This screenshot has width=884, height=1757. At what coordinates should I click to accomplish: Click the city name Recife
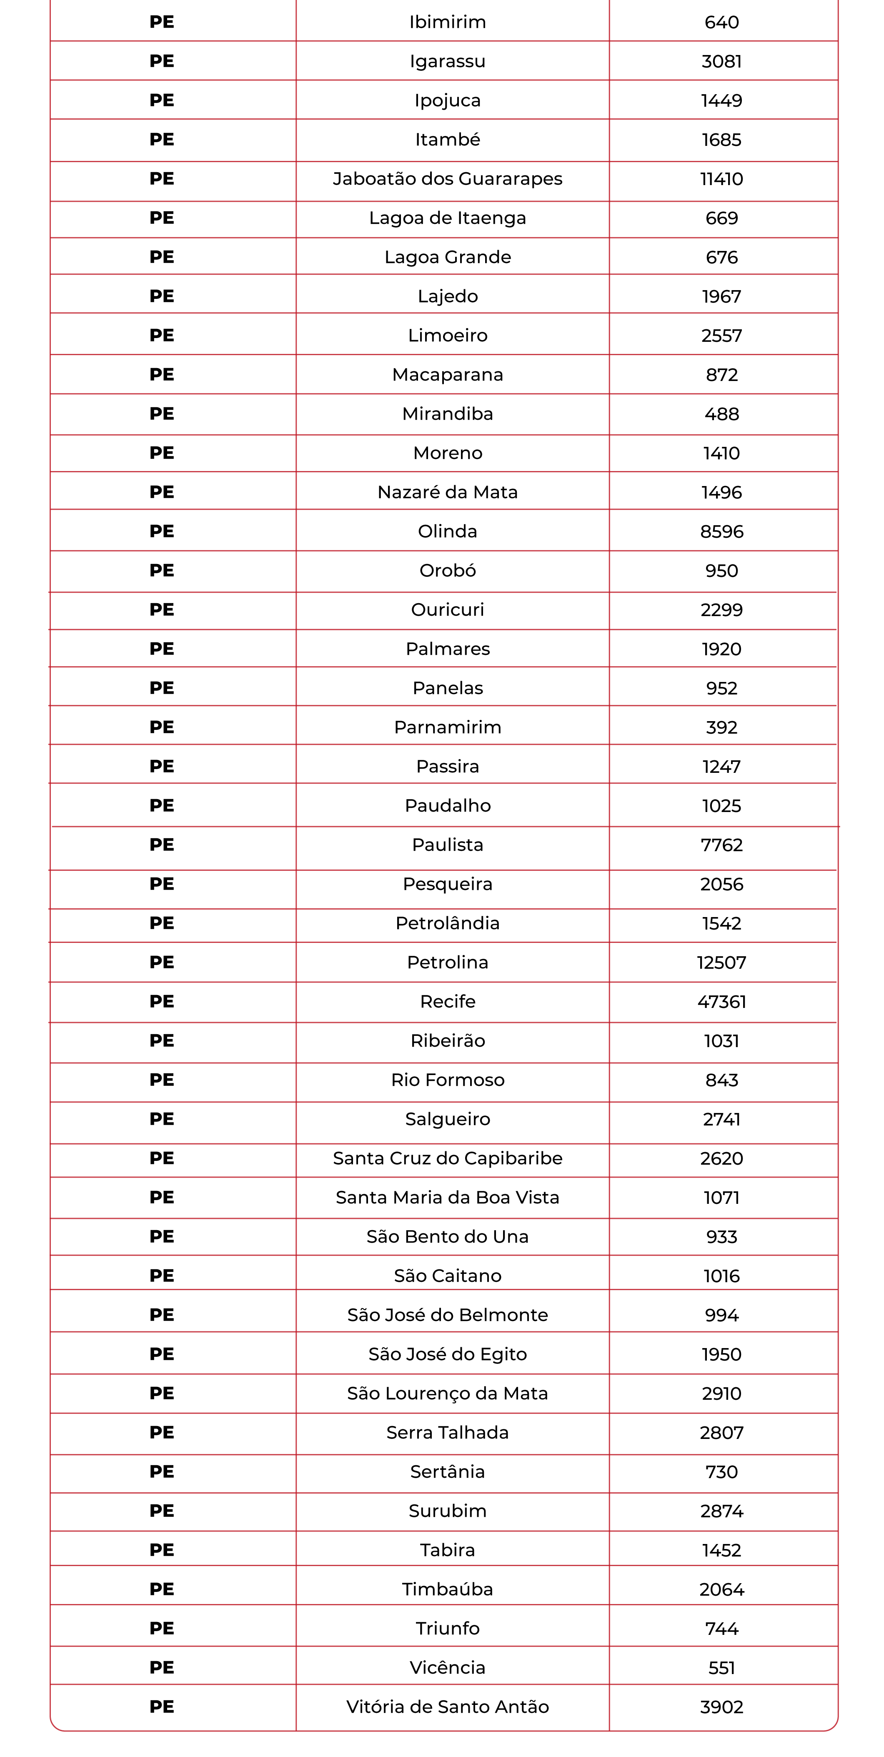448,1001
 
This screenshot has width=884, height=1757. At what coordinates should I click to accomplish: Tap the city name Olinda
448,531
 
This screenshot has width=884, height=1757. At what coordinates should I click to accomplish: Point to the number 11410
721,179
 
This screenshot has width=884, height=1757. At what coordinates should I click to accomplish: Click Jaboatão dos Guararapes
448,179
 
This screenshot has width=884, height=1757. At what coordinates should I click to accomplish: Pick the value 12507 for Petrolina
721,962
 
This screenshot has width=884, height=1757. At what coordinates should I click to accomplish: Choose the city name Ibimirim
448,22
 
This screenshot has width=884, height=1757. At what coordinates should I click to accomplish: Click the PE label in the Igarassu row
162,61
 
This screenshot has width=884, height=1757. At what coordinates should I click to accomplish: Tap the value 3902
721,1707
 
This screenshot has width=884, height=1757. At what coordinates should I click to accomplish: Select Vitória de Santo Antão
448,1707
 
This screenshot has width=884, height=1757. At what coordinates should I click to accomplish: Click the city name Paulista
448,845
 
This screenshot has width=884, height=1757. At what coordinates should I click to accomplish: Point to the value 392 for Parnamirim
721,727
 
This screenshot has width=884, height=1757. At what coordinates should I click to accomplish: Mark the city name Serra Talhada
448,1432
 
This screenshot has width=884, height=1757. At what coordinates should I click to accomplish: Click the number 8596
721,531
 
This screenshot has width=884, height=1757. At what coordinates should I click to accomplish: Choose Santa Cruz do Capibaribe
448,1158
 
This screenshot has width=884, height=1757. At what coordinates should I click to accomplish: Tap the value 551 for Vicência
721,1668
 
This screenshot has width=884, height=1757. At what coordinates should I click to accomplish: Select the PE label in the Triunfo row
162,1628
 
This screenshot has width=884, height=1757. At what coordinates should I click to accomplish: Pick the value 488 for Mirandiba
721,414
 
